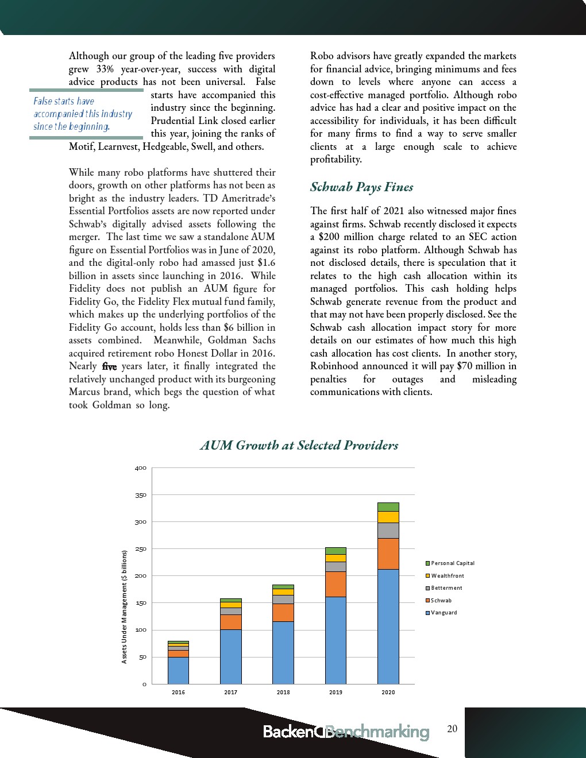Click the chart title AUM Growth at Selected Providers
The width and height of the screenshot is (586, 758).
(x=299, y=446)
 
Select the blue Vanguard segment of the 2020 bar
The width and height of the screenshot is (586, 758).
(x=388, y=626)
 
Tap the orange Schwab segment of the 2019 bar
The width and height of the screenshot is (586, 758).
(x=336, y=584)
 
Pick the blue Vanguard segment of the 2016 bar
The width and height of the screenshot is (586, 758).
(x=178, y=670)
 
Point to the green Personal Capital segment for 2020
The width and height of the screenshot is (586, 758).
(x=388, y=507)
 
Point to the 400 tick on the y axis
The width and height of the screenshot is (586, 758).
(x=141, y=468)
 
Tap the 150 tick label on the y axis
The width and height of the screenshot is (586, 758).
(x=141, y=603)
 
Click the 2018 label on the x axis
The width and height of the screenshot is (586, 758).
(x=283, y=693)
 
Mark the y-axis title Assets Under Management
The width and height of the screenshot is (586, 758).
(x=124, y=607)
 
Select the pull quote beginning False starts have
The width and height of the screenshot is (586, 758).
(x=83, y=114)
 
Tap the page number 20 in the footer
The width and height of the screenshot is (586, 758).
(x=452, y=729)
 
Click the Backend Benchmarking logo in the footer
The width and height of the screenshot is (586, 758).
(x=346, y=732)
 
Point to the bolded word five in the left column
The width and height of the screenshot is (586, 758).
(x=109, y=366)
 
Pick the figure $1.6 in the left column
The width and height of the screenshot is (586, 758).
(x=266, y=263)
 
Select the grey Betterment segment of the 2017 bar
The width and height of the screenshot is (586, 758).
(x=231, y=611)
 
